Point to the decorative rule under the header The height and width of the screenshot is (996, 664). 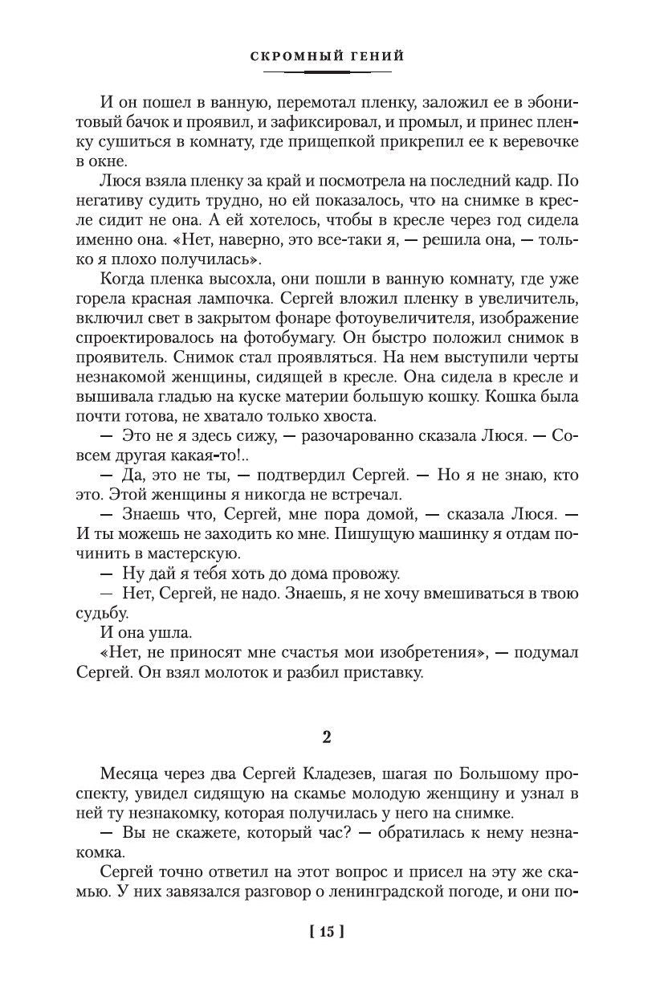(x=332, y=72)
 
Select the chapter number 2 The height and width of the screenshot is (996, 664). (x=327, y=737)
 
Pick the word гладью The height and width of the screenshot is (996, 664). (x=200, y=395)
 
